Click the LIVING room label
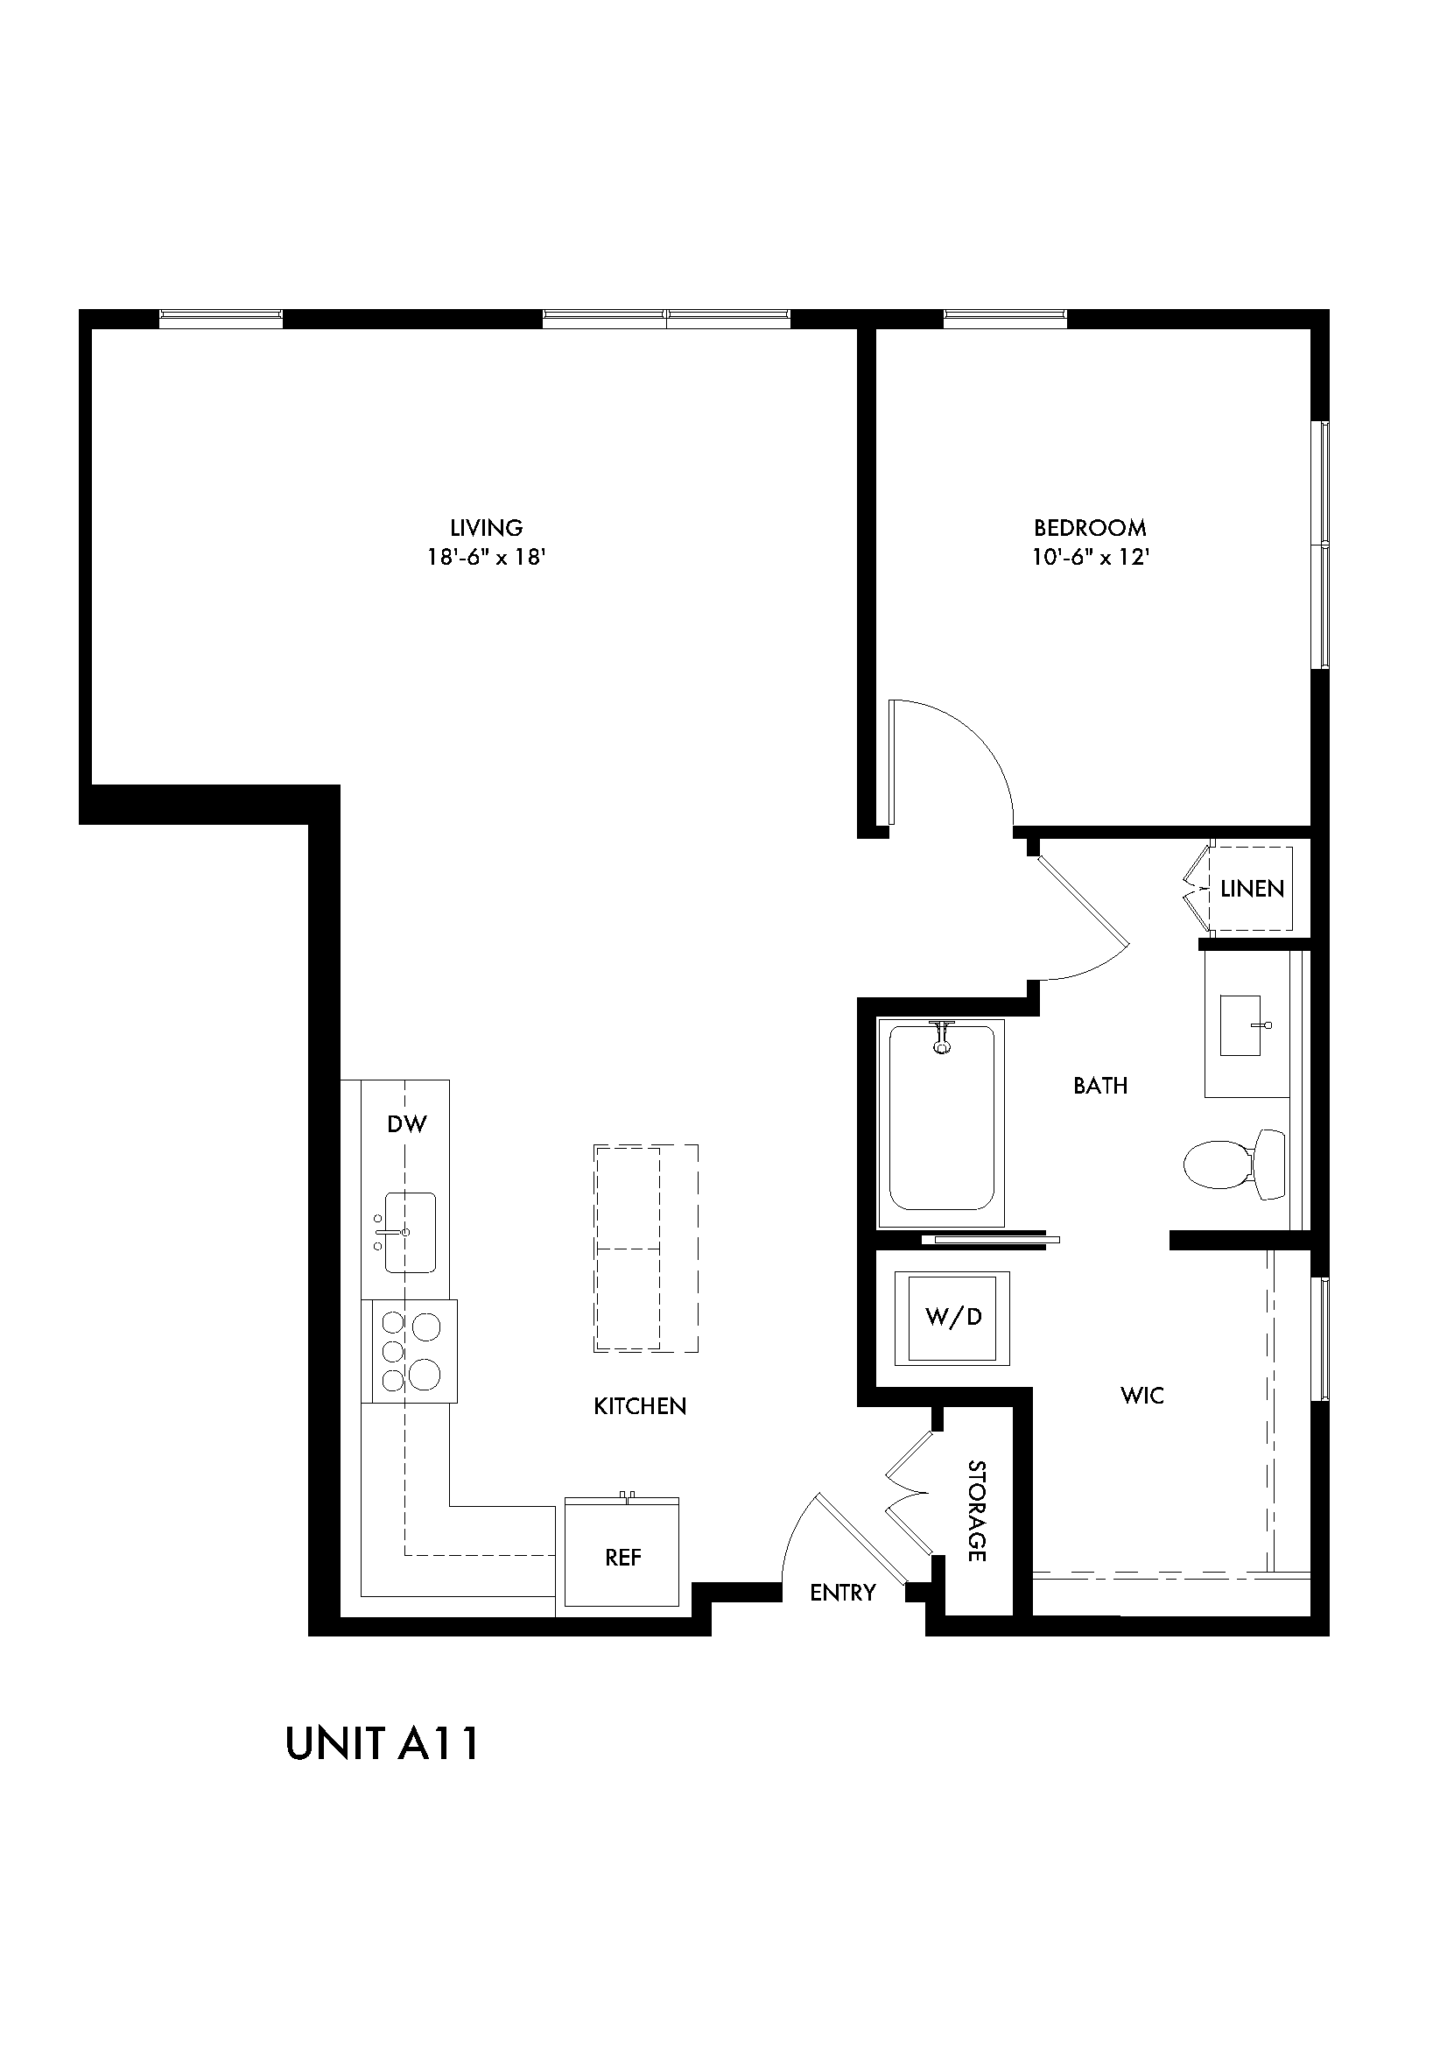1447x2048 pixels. [486, 527]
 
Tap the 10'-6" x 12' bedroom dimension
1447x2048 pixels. [1091, 558]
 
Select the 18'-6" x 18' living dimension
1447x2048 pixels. [486, 558]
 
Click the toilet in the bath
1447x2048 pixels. [1235, 1164]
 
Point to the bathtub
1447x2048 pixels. [942, 1124]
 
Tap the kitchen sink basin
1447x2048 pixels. [409, 1232]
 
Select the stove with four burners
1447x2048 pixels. [411, 1351]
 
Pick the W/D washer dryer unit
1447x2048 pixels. [953, 1317]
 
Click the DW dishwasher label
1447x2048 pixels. [406, 1124]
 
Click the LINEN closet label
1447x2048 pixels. [1252, 889]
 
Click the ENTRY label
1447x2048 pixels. [842, 1592]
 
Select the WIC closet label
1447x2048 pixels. [1142, 1395]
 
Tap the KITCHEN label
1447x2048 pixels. [640, 1407]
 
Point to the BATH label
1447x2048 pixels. [1100, 1086]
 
